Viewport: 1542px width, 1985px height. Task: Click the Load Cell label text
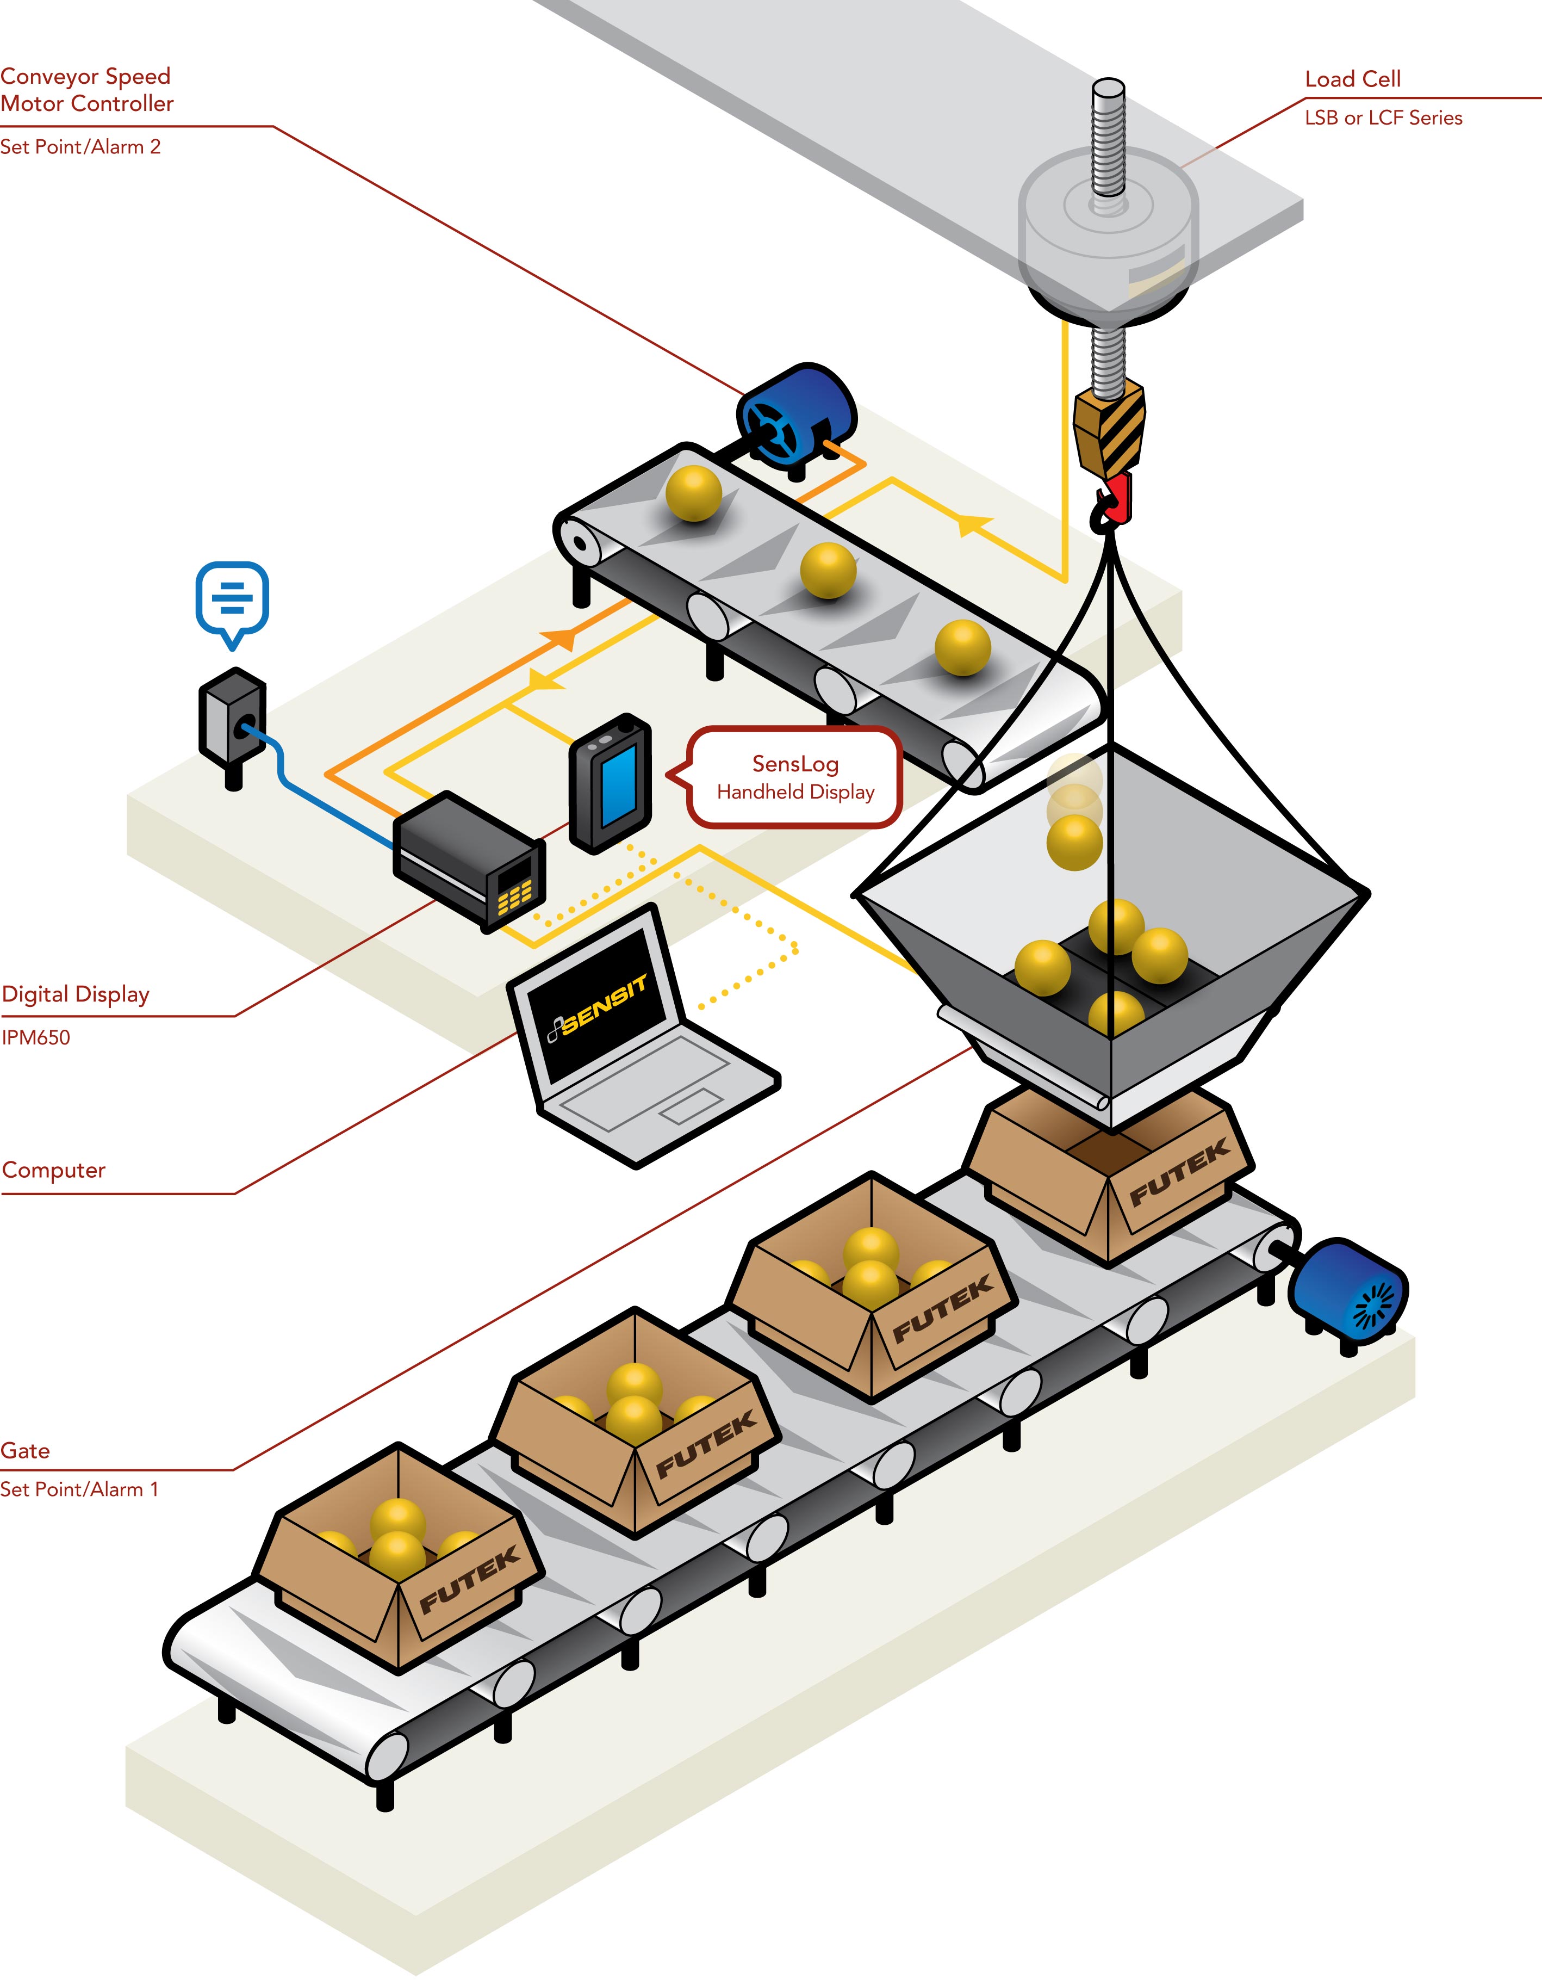1352,80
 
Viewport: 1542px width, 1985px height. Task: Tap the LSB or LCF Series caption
1383,118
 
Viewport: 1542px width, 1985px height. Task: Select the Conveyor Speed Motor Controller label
86,90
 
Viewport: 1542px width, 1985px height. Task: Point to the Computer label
54,1170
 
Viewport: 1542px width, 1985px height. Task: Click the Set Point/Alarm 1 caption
79,1489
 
